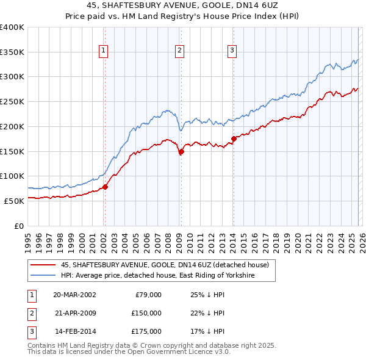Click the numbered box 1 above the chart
click(104, 51)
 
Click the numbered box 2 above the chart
click(181, 51)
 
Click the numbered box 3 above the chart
click(232, 51)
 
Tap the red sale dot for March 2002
click(105, 187)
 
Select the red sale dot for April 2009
click(181, 152)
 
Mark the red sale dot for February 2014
click(234, 139)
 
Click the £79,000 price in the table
click(148, 295)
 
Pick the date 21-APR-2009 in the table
click(74, 313)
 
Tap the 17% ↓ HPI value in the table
click(208, 331)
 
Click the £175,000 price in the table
click(145, 331)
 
